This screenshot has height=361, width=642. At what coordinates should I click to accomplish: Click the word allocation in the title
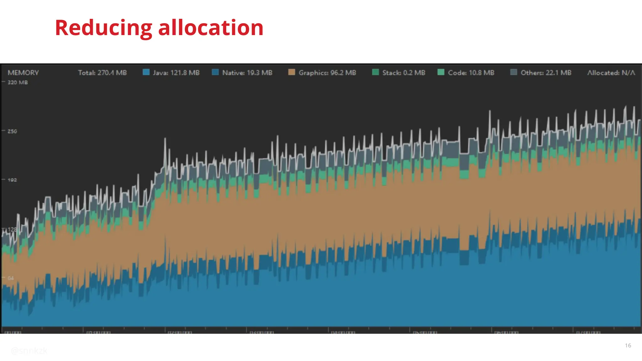(211, 28)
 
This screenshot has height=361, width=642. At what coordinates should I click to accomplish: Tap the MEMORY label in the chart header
(23, 73)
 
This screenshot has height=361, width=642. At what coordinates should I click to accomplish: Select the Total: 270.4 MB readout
(102, 73)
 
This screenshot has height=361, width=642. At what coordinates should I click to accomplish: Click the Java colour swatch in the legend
(146, 72)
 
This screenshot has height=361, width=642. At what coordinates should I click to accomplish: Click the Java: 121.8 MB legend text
(176, 73)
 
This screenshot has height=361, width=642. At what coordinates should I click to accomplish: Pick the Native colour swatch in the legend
(215, 72)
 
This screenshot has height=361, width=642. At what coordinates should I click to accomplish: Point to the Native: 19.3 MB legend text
(247, 73)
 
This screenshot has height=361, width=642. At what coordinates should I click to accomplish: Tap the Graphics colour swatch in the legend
(292, 72)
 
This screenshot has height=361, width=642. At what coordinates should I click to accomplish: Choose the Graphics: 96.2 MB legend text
(327, 73)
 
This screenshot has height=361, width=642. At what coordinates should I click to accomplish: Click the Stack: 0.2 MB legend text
(403, 73)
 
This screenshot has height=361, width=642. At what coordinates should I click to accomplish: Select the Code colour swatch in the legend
(441, 72)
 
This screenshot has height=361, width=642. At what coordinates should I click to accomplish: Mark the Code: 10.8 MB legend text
(471, 73)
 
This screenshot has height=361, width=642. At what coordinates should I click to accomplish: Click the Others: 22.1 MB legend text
(546, 73)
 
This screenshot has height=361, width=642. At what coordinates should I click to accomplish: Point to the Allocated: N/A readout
(611, 73)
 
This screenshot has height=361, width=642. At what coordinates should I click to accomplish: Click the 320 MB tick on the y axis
(18, 82)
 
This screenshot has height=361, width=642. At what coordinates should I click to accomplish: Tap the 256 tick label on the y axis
(12, 131)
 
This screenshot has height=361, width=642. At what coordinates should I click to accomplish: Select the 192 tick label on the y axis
(12, 180)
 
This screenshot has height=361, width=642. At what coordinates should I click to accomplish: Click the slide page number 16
(628, 345)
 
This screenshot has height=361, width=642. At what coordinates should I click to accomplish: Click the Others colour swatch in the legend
(513, 72)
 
